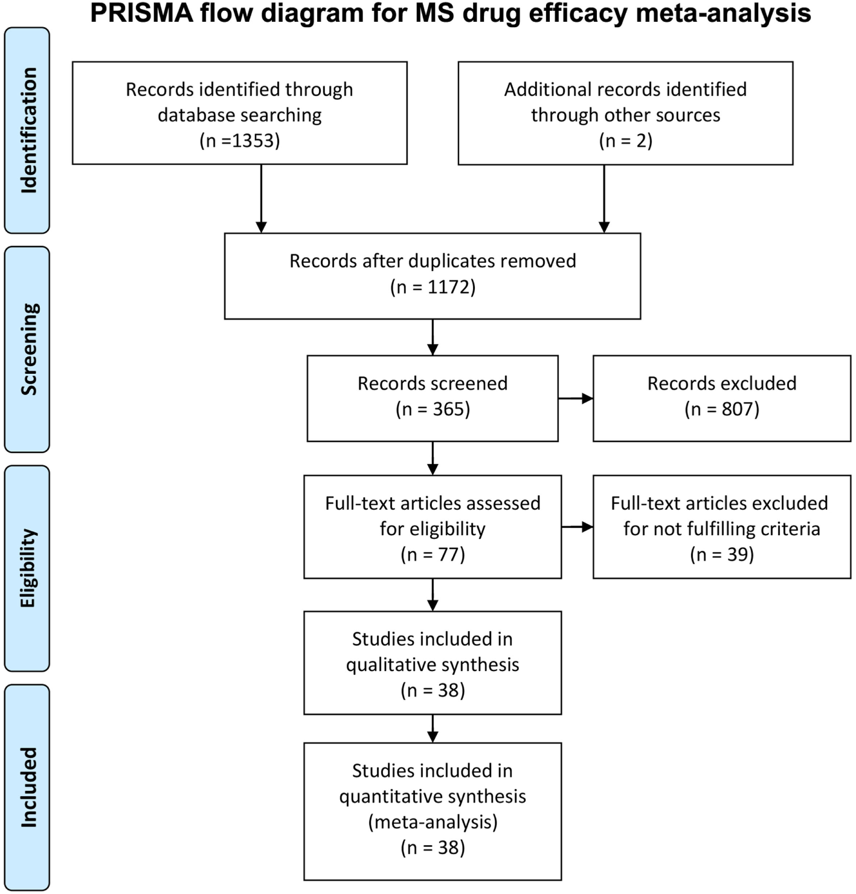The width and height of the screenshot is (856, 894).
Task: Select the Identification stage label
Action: click(28, 130)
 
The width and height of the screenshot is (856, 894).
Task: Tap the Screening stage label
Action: click(28, 349)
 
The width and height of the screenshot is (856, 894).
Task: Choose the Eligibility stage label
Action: click(28, 568)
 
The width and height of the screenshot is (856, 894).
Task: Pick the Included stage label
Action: click(28, 787)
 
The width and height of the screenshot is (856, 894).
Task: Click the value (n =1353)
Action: click(240, 141)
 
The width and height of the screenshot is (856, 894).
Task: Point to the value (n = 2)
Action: click(625, 141)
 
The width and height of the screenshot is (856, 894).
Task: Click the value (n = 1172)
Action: click(433, 287)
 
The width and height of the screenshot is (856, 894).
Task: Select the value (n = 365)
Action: click(433, 410)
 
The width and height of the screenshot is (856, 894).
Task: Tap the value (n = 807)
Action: click(722, 410)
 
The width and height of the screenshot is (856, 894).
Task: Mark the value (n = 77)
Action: click(433, 555)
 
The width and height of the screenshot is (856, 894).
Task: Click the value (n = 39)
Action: click(722, 555)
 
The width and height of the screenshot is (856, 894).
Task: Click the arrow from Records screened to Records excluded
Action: click(575, 399)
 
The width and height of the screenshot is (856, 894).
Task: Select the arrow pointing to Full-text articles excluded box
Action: click(577, 527)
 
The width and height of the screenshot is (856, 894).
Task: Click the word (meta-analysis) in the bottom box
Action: click(433, 822)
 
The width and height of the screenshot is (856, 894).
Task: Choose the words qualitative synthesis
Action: click(433, 665)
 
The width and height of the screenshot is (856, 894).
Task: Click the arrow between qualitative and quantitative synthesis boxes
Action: click(433, 728)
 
